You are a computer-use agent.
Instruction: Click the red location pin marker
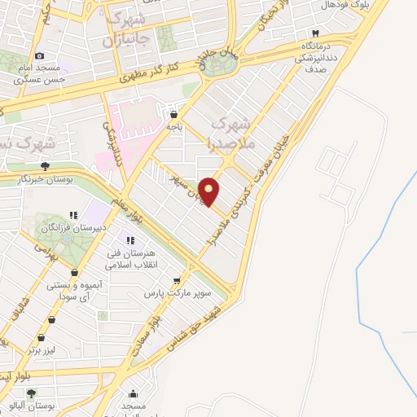click(210, 191)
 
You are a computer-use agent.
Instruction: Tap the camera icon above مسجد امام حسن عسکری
click(39, 56)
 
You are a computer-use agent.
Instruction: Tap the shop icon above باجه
click(173, 115)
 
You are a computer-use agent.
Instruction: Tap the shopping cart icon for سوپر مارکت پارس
click(177, 279)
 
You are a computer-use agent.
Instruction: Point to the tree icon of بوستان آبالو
click(31, 393)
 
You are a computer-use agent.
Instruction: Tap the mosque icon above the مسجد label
click(133, 394)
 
